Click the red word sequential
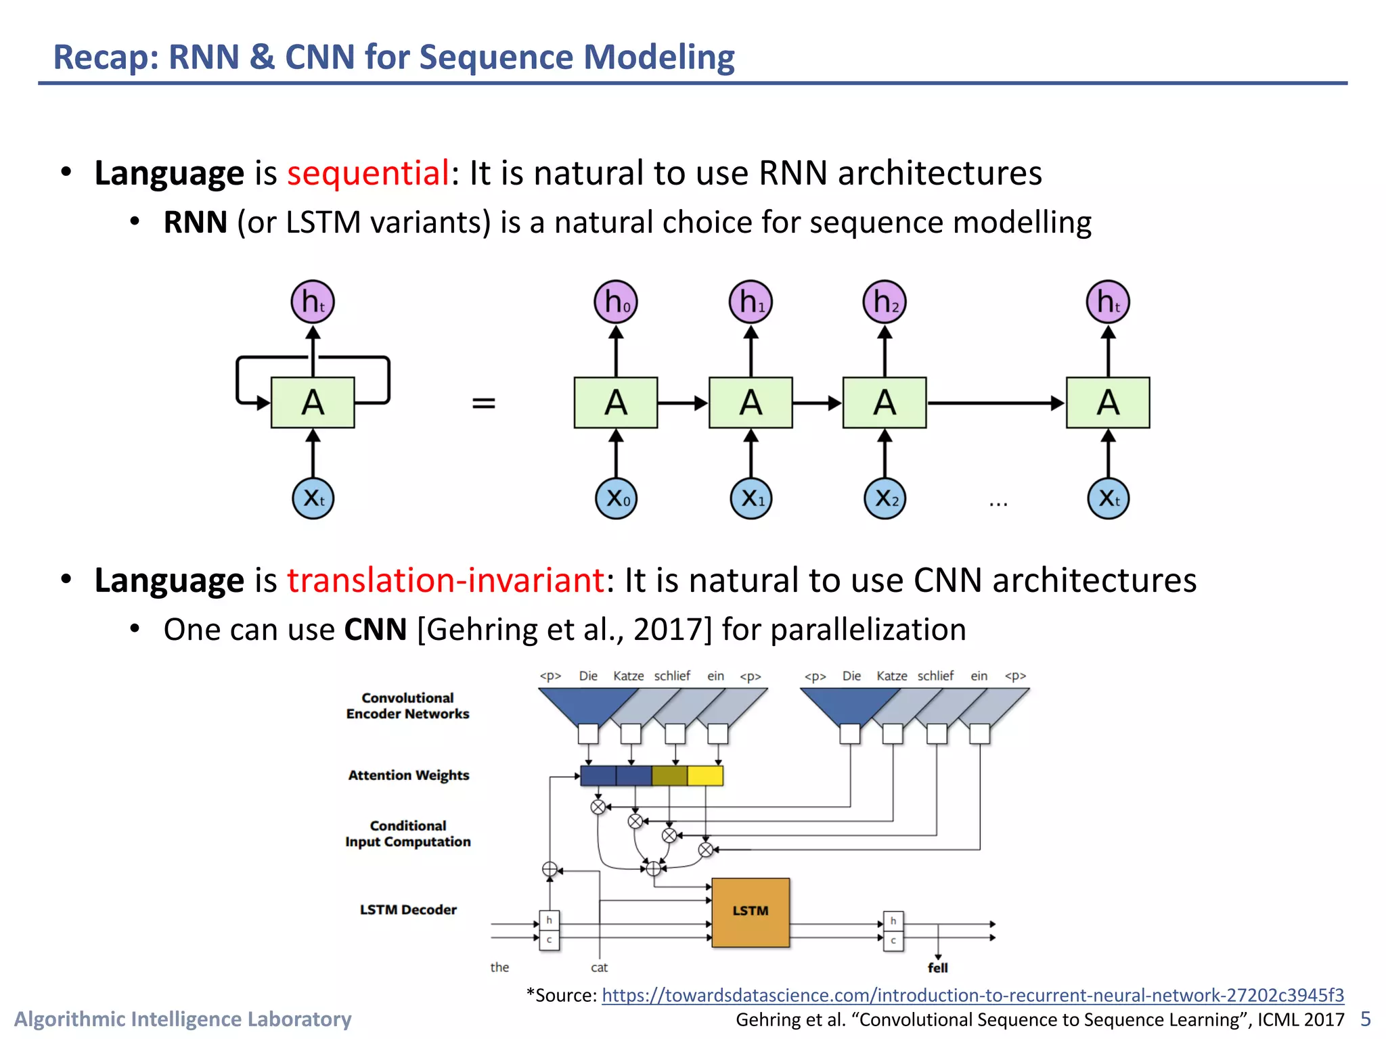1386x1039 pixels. point(367,173)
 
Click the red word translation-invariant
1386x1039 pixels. point(445,580)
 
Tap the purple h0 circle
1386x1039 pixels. point(616,302)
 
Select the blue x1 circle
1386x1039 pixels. point(751,499)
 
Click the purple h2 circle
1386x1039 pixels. point(885,302)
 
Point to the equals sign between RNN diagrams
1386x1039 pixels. point(483,403)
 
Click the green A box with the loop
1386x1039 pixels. point(313,403)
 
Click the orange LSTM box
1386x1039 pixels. point(751,912)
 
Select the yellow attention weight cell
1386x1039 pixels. point(705,776)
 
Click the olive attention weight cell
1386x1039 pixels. point(669,776)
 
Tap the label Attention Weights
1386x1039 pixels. point(408,775)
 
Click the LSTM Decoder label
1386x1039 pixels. point(408,910)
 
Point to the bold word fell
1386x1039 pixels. point(937,968)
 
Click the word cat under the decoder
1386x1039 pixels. point(599,968)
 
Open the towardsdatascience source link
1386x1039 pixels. point(973,995)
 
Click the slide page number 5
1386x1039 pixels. point(1365,1019)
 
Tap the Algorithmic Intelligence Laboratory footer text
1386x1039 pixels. point(183,1019)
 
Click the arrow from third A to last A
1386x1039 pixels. point(995,403)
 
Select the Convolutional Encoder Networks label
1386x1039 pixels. point(407,706)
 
